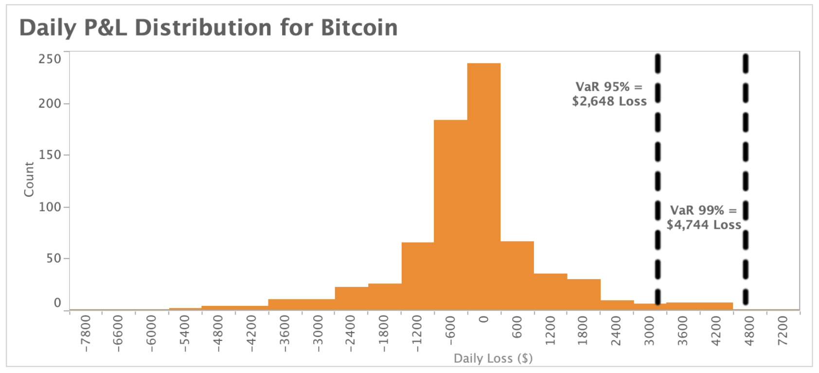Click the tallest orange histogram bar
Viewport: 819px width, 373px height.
tap(484, 185)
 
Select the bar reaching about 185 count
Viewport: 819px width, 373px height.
tap(450, 214)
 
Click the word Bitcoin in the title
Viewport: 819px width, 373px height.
tap(359, 28)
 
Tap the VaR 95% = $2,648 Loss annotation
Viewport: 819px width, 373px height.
tap(609, 94)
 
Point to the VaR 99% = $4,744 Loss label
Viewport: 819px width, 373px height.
tap(703, 217)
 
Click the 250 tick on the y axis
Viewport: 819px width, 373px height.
tap(50, 59)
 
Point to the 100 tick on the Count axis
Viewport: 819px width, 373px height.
tap(50, 207)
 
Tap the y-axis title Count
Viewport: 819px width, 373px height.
tap(29, 180)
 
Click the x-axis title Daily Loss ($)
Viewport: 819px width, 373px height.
tap(493, 358)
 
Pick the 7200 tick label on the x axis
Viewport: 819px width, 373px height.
tap(782, 330)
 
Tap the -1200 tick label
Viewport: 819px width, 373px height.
tap(417, 333)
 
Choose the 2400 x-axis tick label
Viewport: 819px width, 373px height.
tap(616, 330)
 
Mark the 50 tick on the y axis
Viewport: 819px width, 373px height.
tap(53, 259)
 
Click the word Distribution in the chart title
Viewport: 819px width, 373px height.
tap(203, 28)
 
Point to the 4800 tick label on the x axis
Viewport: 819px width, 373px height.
tap(749, 330)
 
